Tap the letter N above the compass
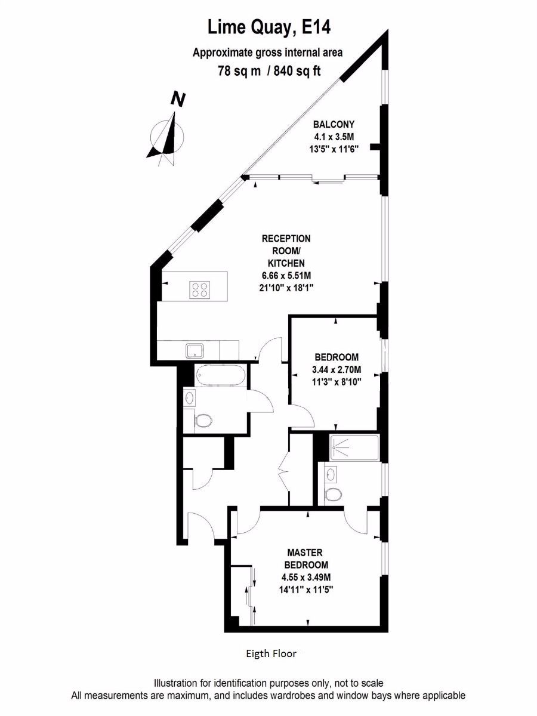pos(177,99)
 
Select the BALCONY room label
pos(334,125)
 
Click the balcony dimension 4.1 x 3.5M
pos(334,137)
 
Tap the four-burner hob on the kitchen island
pos(200,289)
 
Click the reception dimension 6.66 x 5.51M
pos(286,275)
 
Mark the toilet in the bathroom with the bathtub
pos(203,421)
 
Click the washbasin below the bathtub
pos(189,397)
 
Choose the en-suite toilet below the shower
pos(334,494)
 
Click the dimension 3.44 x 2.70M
pos(336,369)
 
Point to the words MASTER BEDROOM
pos(307,559)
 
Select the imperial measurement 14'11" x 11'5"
pos(307,589)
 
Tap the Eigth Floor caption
pos(271,653)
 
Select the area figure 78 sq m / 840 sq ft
pos(268,71)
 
